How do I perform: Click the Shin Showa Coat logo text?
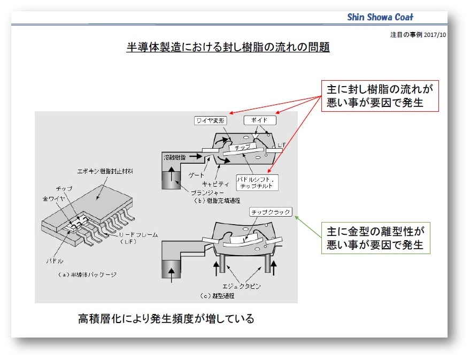[x=380, y=17]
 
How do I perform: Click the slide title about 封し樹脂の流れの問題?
[x=228, y=47]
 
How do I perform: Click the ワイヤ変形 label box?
[x=211, y=121]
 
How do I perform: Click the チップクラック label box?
[x=271, y=212]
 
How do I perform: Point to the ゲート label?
[x=196, y=174]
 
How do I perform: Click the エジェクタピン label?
[x=241, y=286]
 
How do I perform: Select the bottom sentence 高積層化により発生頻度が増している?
[x=166, y=319]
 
